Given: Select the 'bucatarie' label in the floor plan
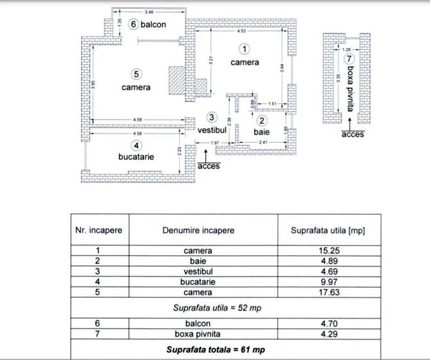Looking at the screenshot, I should [x=136, y=156].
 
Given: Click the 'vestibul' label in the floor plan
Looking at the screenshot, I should [x=212, y=130].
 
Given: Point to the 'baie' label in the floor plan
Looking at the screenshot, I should [x=261, y=131].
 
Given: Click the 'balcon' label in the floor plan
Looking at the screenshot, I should [x=154, y=24].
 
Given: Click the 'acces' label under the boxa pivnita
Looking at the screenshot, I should [x=353, y=134].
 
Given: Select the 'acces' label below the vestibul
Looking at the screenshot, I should [x=209, y=166].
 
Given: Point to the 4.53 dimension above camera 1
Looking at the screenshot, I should [x=241, y=31].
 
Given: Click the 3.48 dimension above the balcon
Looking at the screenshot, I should [x=148, y=12].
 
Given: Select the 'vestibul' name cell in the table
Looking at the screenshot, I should [x=198, y=272].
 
